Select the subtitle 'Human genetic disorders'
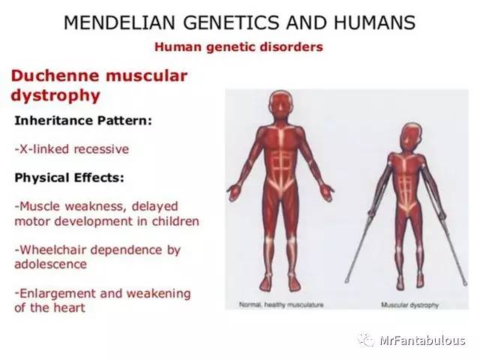238,47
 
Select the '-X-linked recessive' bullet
71,148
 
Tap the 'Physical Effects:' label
69,178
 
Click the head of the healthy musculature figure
280,104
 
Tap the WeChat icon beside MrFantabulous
367,340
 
